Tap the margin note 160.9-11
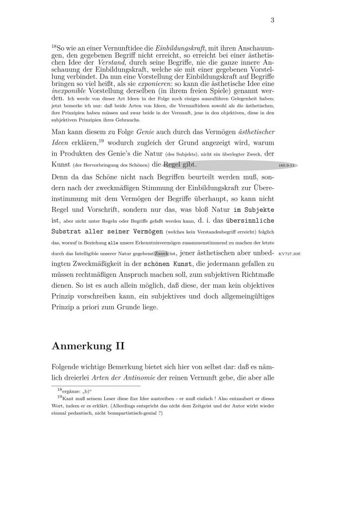[x=286, y=165]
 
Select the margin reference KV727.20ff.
[x=290, y=254]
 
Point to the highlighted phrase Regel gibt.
[x=180, y=164]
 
